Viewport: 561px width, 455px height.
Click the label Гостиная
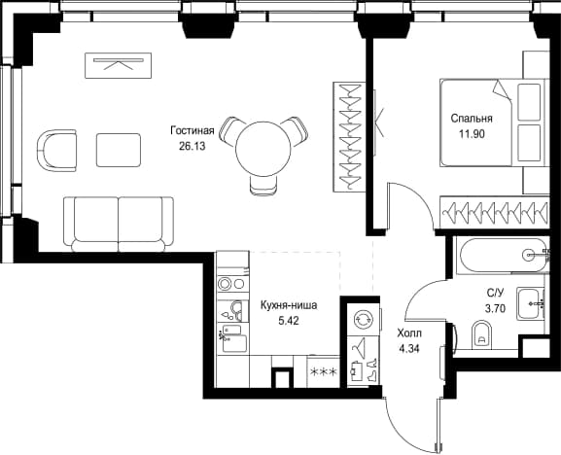[193, 131]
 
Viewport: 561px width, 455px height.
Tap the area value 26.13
[193, 146]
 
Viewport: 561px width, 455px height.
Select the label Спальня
[472, 119]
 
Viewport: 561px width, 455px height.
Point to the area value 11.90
[472, 134]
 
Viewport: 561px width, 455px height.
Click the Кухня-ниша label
[289, 306]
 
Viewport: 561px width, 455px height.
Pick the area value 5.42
[289, 321]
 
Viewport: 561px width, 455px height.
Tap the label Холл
[409, 333]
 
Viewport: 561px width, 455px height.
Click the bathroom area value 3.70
[495, 308]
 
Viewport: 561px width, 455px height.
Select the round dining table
[263, 149]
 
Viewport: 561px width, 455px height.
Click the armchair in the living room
[57, 151]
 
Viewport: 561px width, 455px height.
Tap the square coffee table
[119, 150]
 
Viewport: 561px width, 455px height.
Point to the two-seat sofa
[119, 224]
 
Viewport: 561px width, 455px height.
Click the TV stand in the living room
[118, 65]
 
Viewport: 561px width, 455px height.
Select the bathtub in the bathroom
[503, 255]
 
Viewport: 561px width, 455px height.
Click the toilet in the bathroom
[481, 334]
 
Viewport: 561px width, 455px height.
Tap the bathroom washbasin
[530, 303]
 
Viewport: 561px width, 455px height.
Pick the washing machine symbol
[364, 320]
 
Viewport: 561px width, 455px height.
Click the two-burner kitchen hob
[231, 284]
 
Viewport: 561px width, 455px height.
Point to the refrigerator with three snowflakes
[323, 372]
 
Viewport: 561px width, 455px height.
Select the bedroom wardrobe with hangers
[494, 212]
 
